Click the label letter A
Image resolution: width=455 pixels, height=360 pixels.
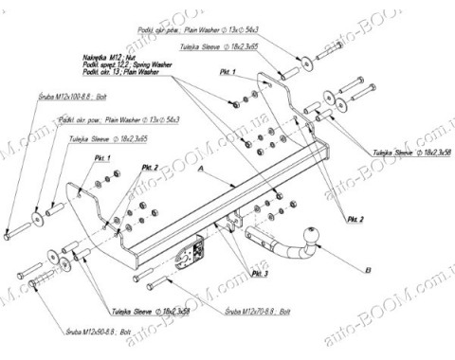pyautogui.click(x=203, y=167)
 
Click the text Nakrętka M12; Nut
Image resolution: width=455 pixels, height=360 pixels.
pyautogui.click(x=108, y=54)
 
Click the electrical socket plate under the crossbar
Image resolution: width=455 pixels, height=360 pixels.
pyautogui.click(x=200, y=250)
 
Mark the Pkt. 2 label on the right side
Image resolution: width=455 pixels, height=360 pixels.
pyautogui.click(x=355, y=219)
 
